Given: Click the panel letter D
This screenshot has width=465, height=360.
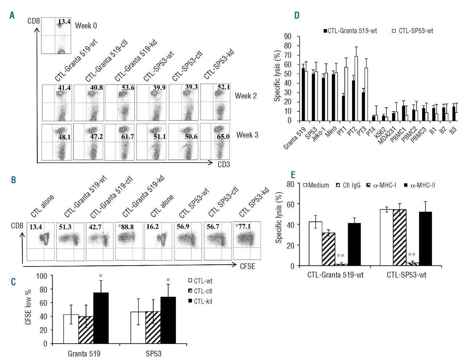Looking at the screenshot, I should [297, 15].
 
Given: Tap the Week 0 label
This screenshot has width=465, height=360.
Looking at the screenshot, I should [86, 26].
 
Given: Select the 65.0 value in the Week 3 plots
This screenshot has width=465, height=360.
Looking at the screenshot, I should [223, 137].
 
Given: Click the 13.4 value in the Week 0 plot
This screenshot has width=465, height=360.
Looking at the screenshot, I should [64, 22].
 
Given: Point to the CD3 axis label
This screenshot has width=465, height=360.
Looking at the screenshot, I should [223, 164].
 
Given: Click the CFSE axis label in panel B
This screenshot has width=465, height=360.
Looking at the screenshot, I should [247, 266].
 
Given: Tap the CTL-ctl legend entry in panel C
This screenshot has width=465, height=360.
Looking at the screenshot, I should [203, 291].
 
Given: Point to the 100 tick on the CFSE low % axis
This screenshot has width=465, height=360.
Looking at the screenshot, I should [42, 276].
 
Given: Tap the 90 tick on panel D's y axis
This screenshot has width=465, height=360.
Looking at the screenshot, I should [288, 36].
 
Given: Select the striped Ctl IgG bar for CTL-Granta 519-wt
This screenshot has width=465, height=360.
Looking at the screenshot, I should [328, 249].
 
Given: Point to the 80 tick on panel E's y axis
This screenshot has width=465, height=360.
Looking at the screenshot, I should [290, 184].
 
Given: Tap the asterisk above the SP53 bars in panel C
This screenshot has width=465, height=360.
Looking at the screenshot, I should [168, 280].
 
